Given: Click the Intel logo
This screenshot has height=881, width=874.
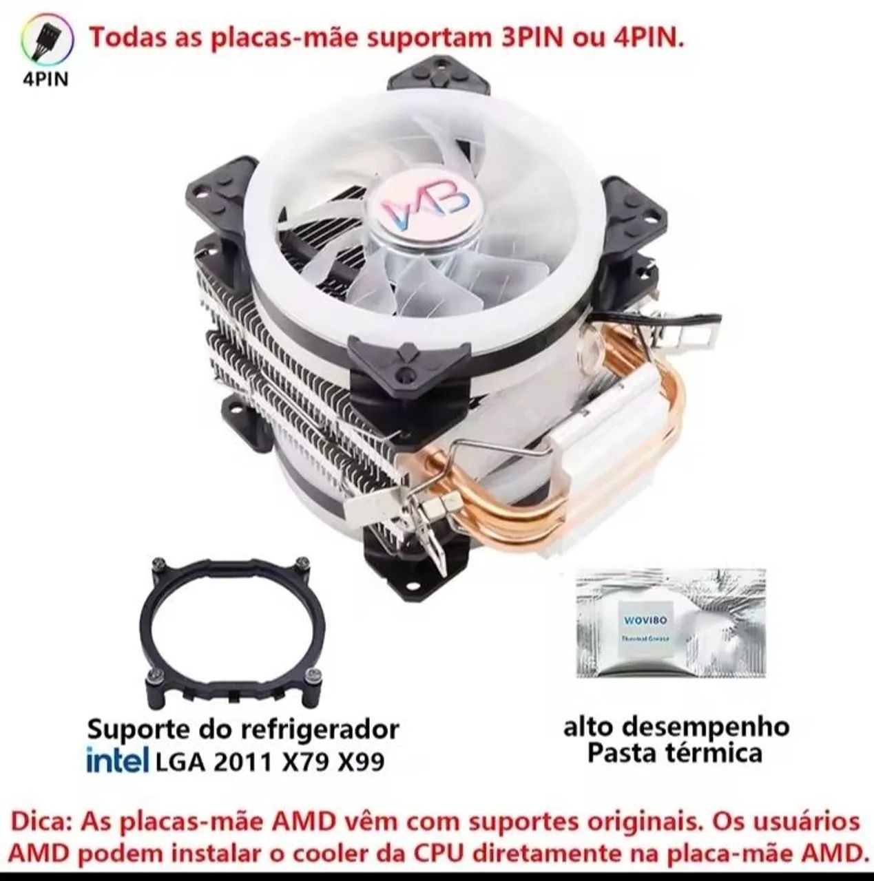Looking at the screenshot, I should (117, 761).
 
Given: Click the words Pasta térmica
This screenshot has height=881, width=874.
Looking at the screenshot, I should (674, 753).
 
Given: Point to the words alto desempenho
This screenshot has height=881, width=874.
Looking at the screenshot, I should (676, 726).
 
